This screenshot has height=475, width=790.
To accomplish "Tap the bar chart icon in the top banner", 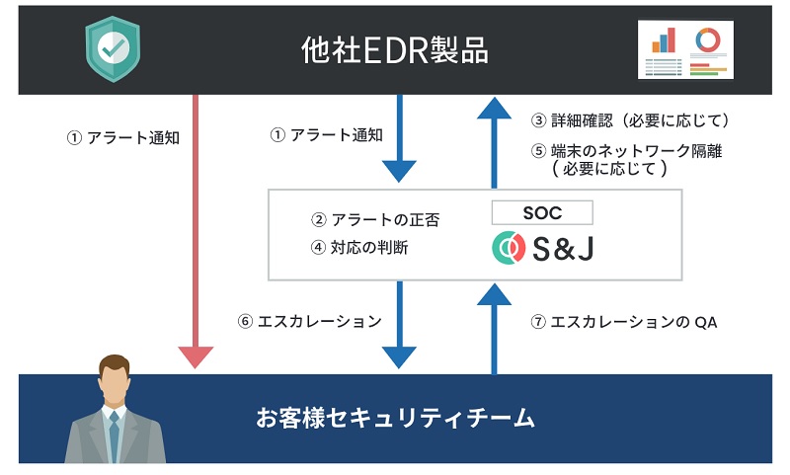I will point(663,39).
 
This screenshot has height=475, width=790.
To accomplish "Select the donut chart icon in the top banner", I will point(707,40).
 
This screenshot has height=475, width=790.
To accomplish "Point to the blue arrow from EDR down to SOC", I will point(399,138).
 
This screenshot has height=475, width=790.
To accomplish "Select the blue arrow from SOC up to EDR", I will point(494,138).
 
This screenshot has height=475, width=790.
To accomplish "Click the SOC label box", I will point(542,211).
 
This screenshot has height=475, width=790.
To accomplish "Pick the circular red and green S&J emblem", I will point(510,248).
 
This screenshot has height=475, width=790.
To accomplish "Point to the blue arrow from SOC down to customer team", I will point(399,326).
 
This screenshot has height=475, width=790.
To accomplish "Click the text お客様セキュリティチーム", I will point(395,419).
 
